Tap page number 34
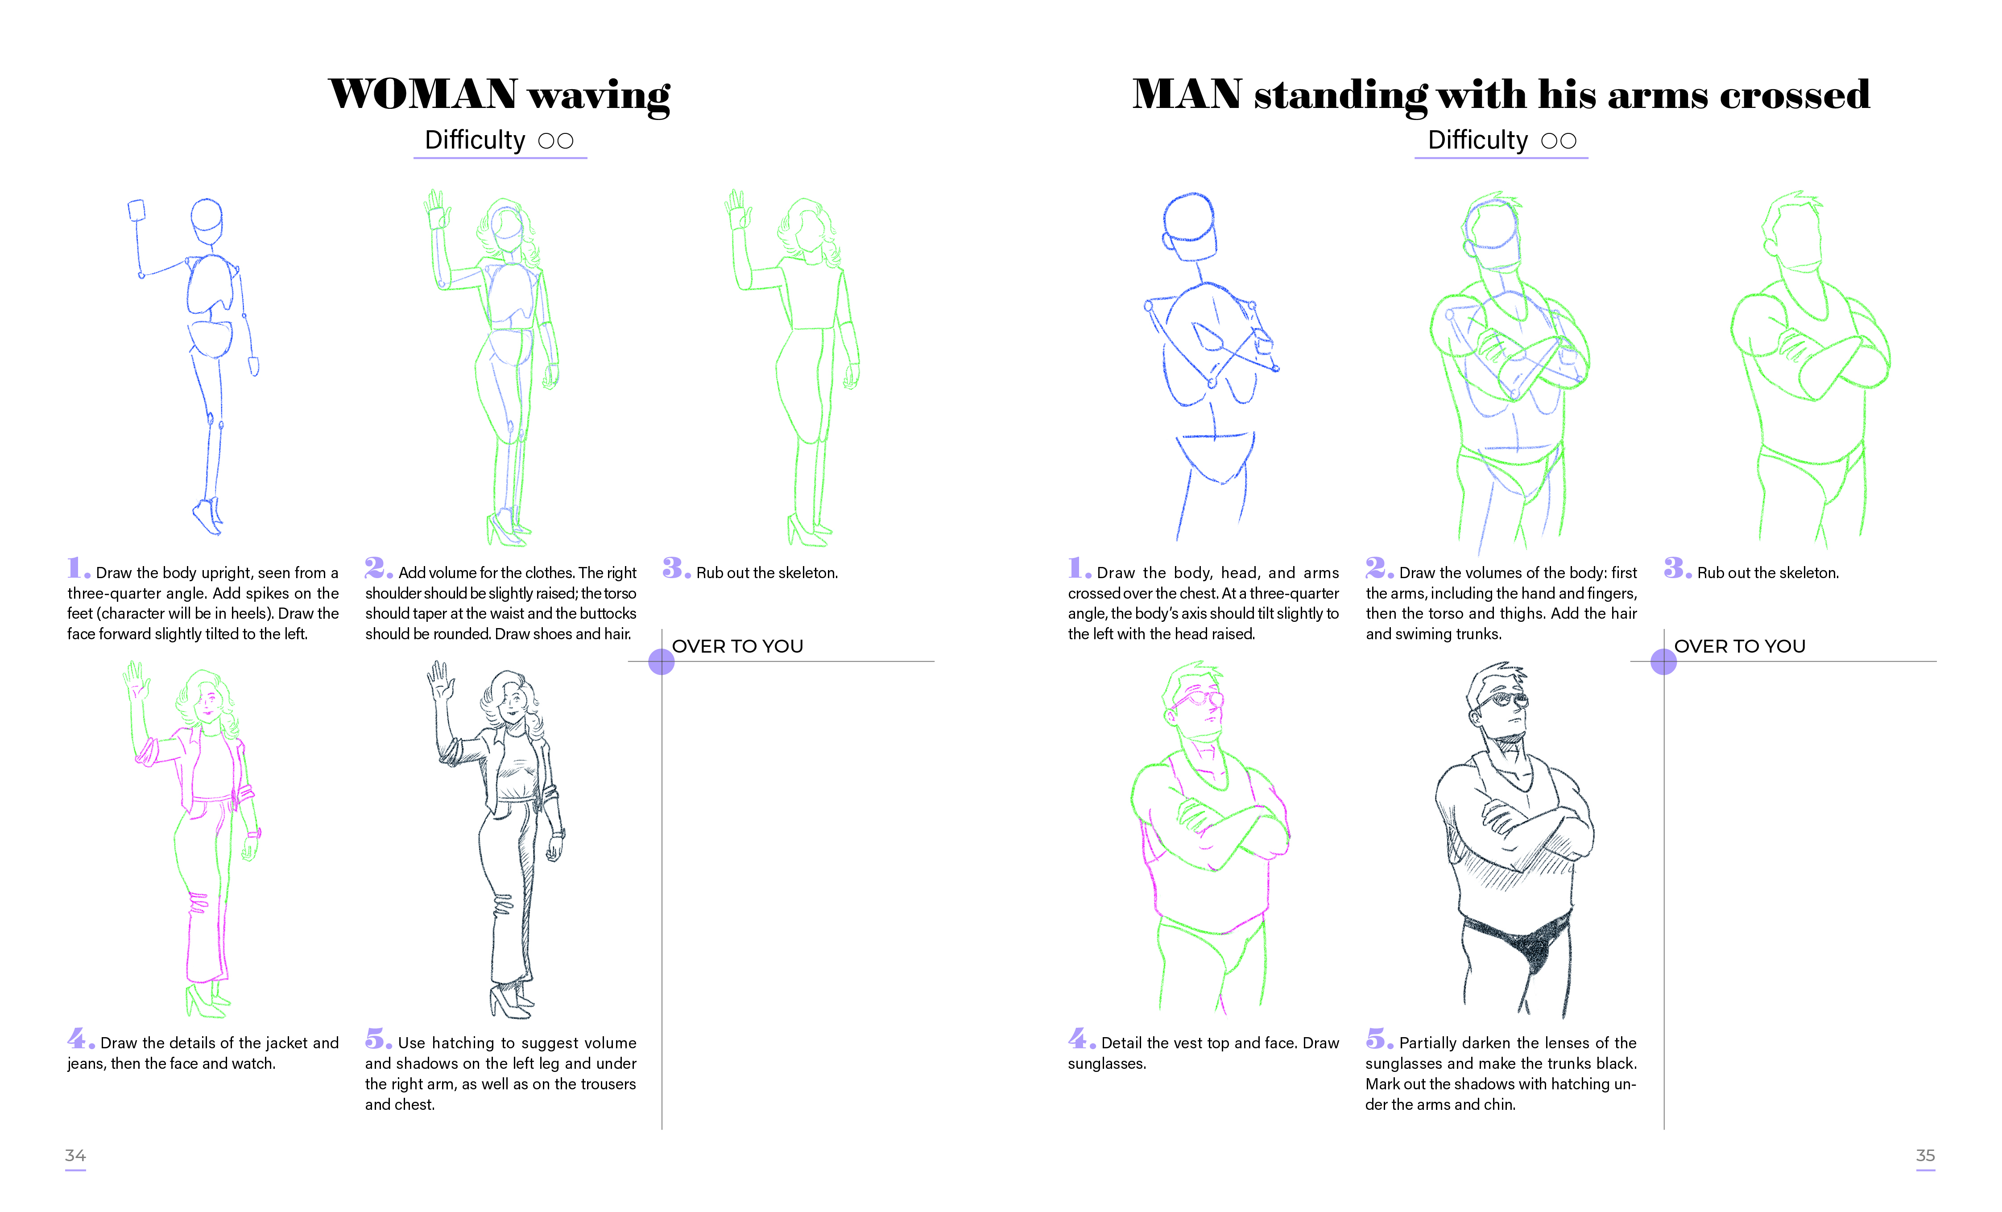[x=75, y=1155]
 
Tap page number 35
[x=1926, y=1155]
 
